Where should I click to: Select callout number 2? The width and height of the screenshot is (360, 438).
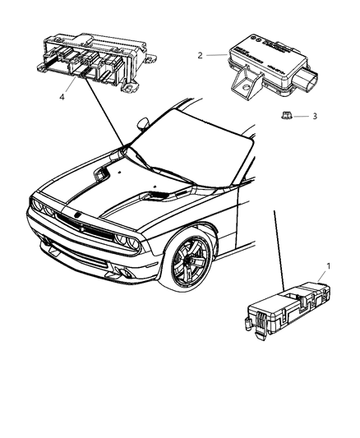pos(200,56)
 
